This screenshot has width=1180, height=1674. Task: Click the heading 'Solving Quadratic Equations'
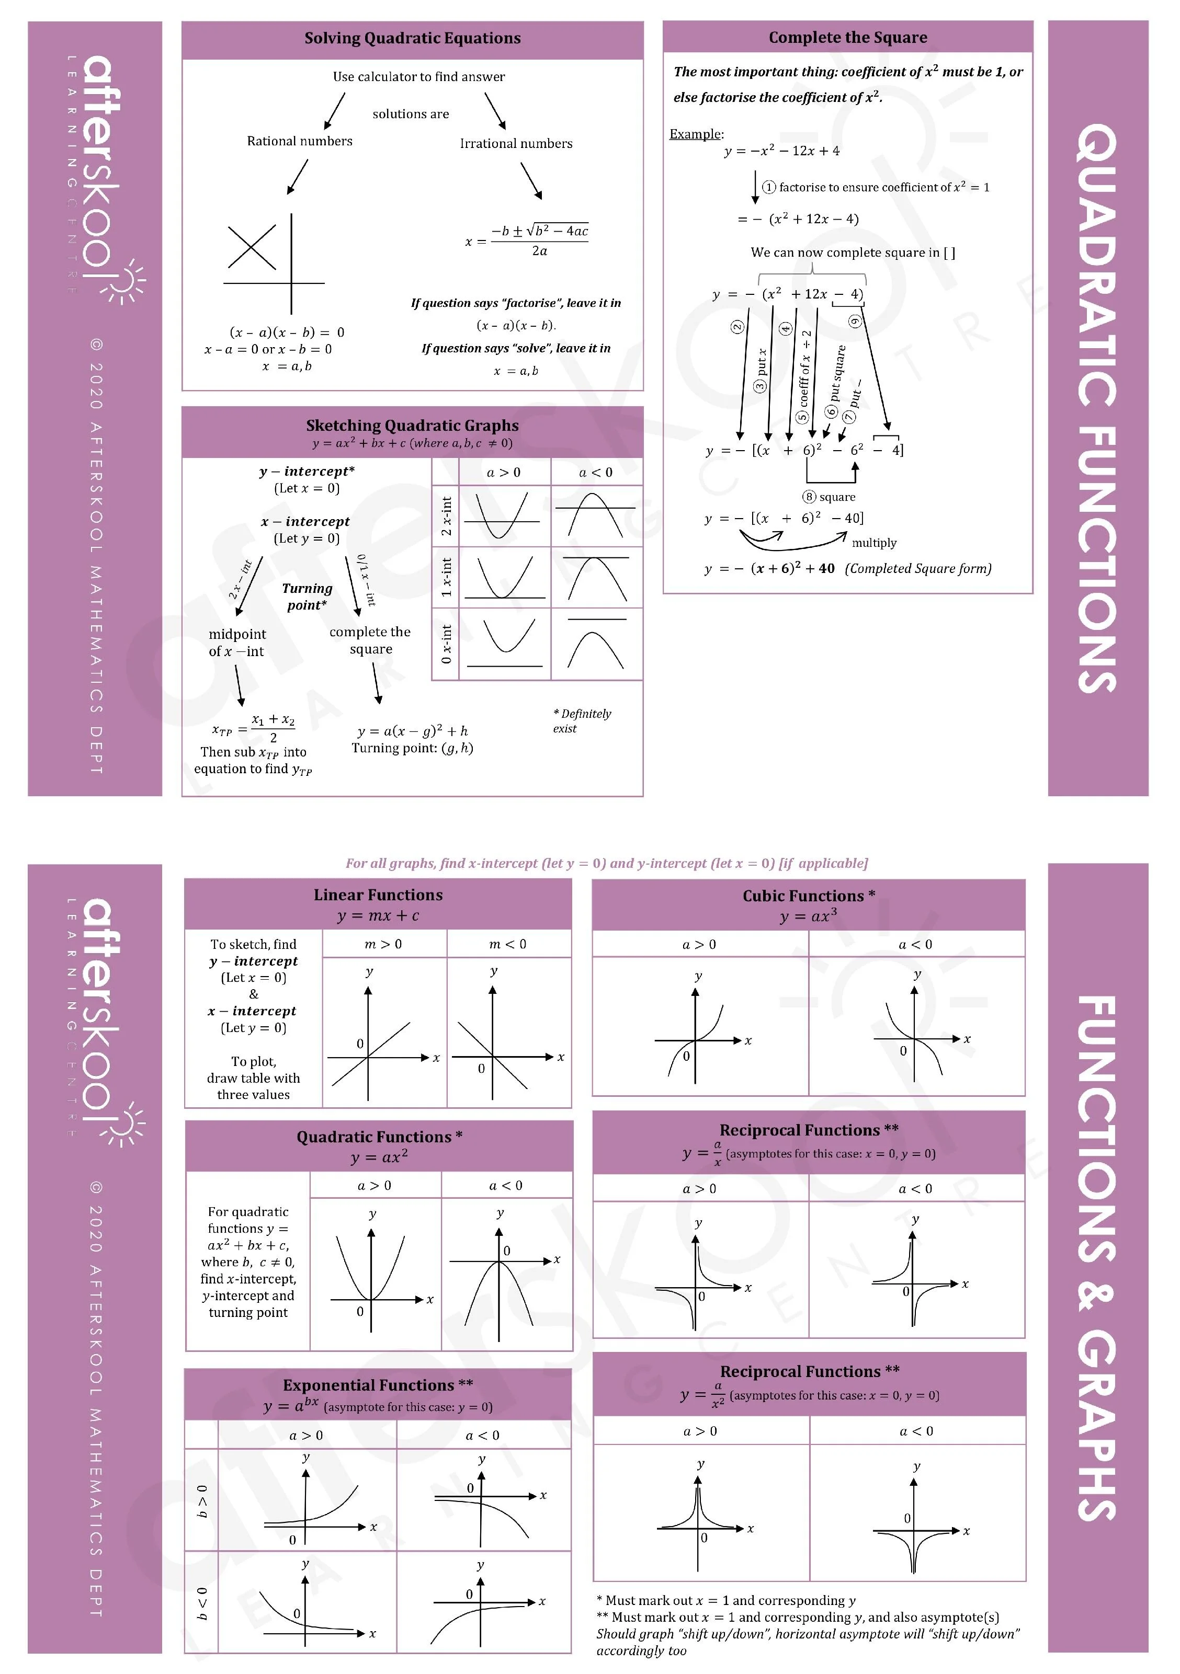pyautogui.click(x=412, y=38)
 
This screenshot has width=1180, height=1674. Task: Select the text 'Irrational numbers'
pyautogui.click(x=516, y=144)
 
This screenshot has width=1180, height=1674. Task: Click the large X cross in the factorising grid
pyautogui.click(x=252, y=248)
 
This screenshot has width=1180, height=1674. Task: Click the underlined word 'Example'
pyautogui.click(x=695, y=134)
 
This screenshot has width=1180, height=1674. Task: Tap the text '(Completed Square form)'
pyautogui.click(x=917, y=569)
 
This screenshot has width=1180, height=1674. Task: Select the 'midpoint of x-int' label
pyautogui.click(x=237, y=643)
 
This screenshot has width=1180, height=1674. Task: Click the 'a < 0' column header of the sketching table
pyautogui.click(x=596, y=473)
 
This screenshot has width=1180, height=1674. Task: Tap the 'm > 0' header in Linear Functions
pyautogui.click(x=383, y=944)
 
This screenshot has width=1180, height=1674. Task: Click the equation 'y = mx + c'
pyautogui.click(x=378, y=916)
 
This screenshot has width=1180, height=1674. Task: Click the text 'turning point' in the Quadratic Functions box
pyautogui.click(x=248, y=1312)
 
